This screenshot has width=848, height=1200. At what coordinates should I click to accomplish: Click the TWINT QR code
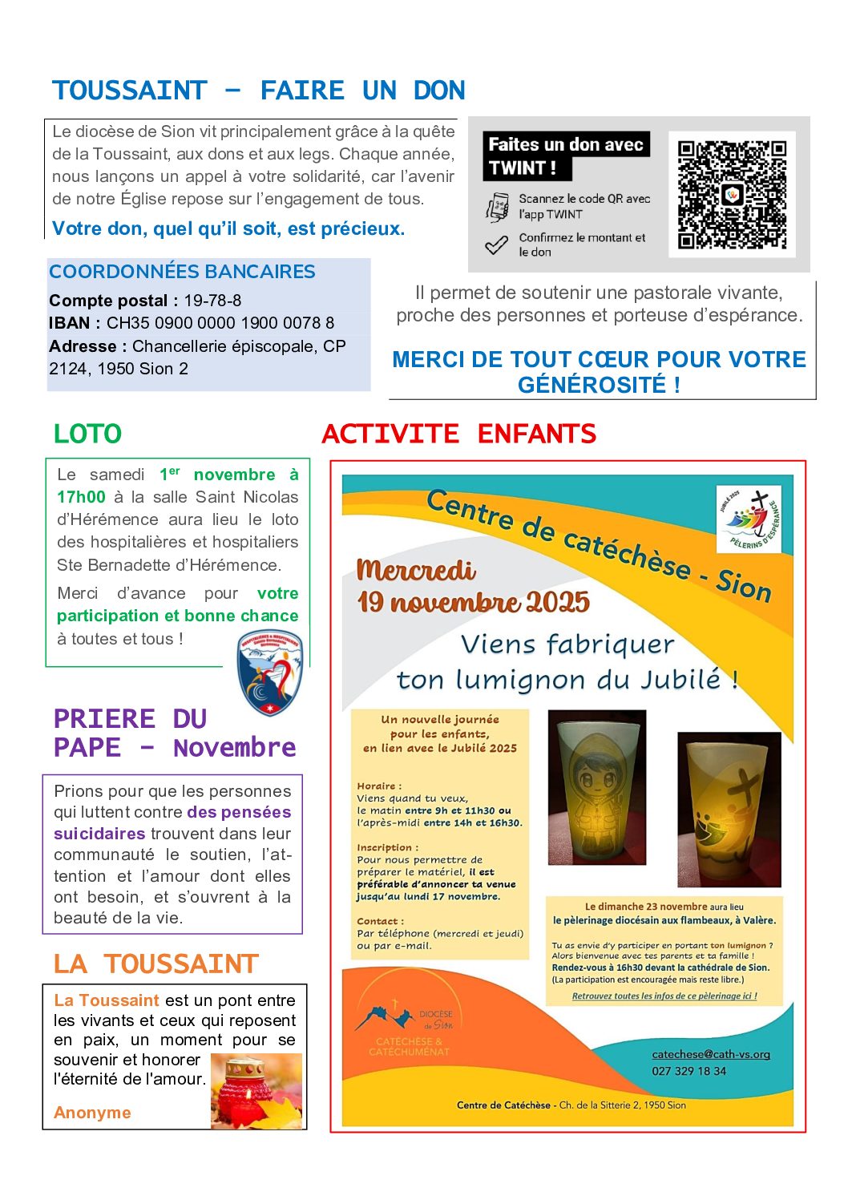(x=732, y=195)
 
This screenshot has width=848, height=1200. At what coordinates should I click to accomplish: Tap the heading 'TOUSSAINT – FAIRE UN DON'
(x=258, y=91)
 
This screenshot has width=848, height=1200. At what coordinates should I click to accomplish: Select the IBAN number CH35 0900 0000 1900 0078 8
(x=220, y=323)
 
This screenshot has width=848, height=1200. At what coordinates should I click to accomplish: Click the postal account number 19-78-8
(x=212, y=301)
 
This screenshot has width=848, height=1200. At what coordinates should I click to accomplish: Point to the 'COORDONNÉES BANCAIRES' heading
(x=182, y=272)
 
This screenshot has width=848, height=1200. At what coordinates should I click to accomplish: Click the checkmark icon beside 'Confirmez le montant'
(x=496, y=244)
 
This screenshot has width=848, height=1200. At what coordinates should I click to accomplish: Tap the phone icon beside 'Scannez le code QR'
(x=497, y=207)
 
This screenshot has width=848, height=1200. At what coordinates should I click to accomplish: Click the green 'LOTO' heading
(x=87, y=434)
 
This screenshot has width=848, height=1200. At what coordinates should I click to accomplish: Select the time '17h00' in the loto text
(x=81, y=497)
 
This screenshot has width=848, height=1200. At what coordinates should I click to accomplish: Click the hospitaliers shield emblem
(x=270, y=672)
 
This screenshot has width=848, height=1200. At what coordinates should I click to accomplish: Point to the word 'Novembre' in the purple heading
(x=234, y=748)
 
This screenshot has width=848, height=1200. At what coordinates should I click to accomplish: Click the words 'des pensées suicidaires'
(x=172, y=822)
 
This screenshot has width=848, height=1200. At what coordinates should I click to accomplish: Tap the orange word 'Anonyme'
(x=92, y=1113)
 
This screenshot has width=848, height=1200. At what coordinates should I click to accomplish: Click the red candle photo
(x=256, y=1092)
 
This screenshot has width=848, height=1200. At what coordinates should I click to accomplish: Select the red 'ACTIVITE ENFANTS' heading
(x=458, y=434)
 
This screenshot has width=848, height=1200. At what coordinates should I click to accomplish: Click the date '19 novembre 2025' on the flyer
(x=473, y=603)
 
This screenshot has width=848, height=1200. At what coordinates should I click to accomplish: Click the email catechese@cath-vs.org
(x=711, y=1054)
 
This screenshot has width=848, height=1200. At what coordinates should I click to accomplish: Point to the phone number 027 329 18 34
(x=688, y=1071)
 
